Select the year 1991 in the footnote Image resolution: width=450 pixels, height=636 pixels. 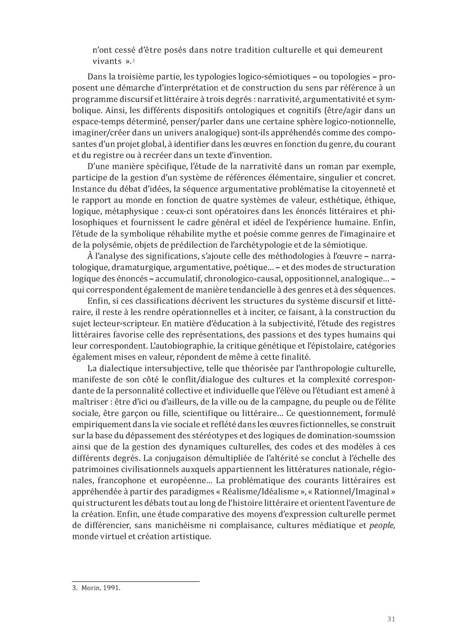(111, 588)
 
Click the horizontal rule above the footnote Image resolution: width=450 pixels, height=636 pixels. (136, 582)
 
